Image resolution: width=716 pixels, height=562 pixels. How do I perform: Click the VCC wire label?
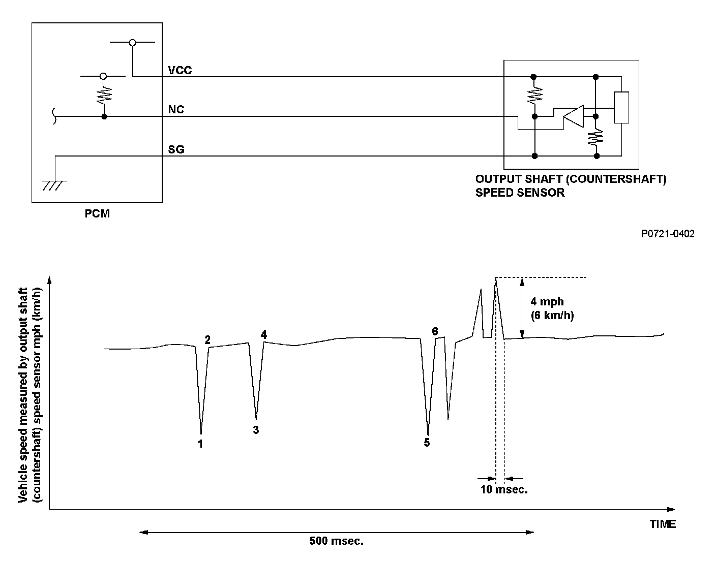coord(180,70)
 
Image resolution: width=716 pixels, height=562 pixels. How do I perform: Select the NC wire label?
coord(176,109)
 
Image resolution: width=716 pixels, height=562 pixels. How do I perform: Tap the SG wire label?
coord(176,150)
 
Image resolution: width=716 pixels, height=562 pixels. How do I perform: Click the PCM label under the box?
coord(97,213)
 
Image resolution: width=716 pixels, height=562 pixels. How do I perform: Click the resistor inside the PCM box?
coord(104,94)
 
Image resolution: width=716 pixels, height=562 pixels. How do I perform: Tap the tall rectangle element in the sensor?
coord(621,108)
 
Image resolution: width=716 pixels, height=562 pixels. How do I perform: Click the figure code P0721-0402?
coord(667,234)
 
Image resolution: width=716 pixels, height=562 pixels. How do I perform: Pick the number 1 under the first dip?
coord(201,444)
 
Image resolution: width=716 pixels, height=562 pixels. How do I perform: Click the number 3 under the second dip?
coord(256,430)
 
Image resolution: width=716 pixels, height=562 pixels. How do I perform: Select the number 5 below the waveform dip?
coord(427,443)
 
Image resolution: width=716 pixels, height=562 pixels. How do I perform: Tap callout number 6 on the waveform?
coord(435,331)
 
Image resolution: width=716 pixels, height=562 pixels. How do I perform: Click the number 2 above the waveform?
coord(207,340)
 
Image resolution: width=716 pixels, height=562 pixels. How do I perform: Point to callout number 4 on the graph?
coord(263,334)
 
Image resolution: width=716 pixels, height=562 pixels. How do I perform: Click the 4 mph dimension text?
coord(547,302)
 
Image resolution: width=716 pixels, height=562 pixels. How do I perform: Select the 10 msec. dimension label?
coord(504,490)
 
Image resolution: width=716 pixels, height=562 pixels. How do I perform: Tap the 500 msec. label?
coord(337,541)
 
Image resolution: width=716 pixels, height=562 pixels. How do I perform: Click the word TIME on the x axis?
coord(663,524)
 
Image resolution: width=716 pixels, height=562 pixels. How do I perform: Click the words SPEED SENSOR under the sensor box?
coord(520,193)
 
